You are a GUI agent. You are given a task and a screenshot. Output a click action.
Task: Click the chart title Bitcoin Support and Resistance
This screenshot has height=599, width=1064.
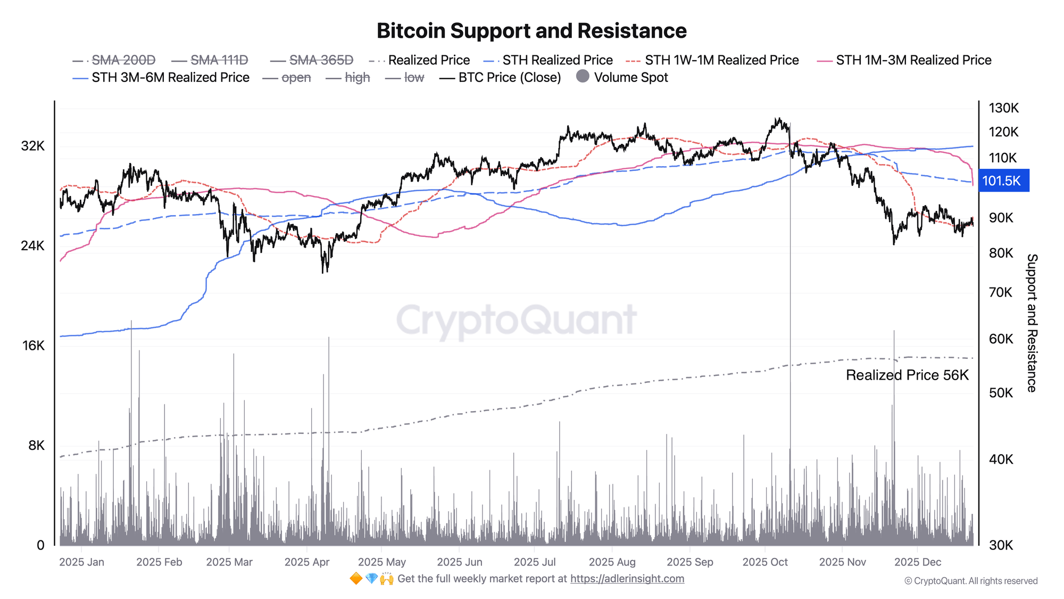pyautogui.click(x=531, y=31)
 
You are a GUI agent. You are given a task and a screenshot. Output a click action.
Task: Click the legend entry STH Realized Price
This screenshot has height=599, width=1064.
pyautogui.click(x=557, y=60)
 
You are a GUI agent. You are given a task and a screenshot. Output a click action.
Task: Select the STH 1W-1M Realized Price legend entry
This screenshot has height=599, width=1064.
pyautogui.click(x=721, y=60)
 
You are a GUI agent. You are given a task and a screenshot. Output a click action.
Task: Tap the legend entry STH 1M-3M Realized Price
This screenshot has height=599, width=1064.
pyautogui.click(x=913, y=60)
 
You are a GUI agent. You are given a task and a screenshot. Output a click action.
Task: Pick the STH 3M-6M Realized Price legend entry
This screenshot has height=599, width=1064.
pyautogui.click(x=170, y=78)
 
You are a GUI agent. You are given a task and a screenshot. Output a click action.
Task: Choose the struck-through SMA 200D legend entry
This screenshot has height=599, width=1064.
pyautogui.click(x=123, y=60)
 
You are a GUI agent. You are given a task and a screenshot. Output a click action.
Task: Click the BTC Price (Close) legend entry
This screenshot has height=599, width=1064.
pyautogui.click(x=509, y=78)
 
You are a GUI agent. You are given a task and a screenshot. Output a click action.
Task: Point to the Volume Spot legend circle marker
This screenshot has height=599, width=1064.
pyautogui.click(x=583, y=77)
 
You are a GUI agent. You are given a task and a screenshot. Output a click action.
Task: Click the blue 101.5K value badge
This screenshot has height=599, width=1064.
pyautogui.click(x=1002, y=181)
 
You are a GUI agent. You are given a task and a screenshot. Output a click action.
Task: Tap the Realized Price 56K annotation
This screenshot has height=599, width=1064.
pyautogui.click(x=907, y=375)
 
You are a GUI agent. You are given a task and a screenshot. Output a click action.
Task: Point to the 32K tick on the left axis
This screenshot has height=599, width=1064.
pyautogui.click(x=33, y=146)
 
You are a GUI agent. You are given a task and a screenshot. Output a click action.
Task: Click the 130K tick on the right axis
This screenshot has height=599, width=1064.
pyautogui.click(x=1003, y=108)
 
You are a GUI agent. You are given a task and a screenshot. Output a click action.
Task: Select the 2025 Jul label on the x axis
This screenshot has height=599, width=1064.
pyautogui.click(x=535, y=562)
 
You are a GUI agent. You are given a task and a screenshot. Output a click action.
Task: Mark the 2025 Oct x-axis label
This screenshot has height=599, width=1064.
pyautogui.click(x=764, y=562)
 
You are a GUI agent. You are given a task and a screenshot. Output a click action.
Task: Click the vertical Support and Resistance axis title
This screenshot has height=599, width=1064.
pyautogui.click(x=1032, y=323)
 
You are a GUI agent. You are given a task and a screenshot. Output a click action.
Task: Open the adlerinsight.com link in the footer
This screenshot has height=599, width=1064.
pyautogui.click(x=627, y=579)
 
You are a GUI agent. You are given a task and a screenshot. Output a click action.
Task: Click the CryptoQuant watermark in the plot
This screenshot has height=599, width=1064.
pyautogui.click(x=516, y=321)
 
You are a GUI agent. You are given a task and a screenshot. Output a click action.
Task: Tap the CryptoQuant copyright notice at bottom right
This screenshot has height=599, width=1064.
pyautogui.click(x=970, y=581)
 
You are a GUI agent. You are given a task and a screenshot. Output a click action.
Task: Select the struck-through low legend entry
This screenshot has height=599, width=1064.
pyautogui.click(x=414, y=78)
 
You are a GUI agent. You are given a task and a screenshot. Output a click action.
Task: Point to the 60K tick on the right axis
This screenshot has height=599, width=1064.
pyautogui.click(x=1001, y=339)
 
